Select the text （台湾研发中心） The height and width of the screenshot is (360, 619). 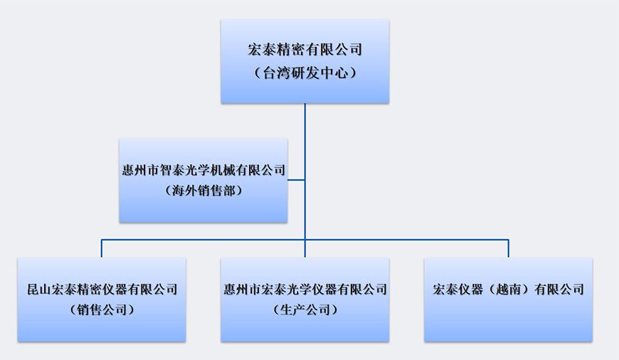pos(305,72)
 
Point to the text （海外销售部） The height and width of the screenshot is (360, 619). pos(203,190)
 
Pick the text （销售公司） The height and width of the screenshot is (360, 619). pos(102,309)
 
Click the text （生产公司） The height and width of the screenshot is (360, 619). pos(305,309)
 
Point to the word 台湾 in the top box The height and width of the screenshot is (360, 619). pos(276,72)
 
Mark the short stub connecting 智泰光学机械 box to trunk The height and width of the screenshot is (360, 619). pos(296,180)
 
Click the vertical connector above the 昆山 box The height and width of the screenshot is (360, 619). pos(102,248)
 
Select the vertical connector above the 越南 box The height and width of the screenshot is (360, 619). pos(508,248)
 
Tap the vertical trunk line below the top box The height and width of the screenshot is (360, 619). pos(305,121)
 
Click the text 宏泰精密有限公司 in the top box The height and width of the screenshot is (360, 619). pos(305,50)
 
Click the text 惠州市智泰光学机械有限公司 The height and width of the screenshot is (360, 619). pos(203,171)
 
